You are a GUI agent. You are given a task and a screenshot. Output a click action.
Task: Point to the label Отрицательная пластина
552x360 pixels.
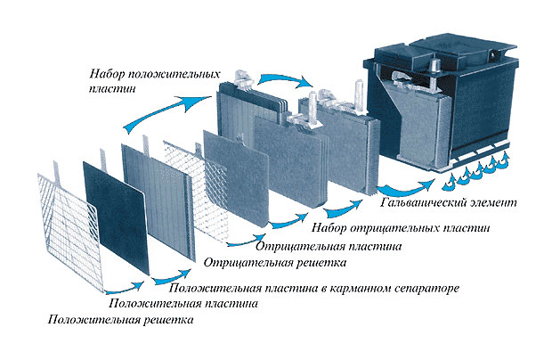(329, 245)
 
